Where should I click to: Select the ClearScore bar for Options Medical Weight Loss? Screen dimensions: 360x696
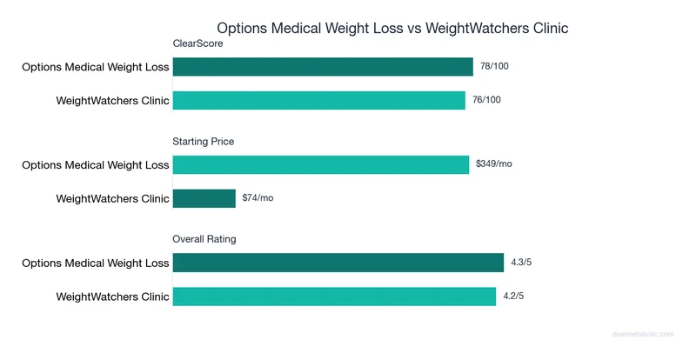[x=323, y=67]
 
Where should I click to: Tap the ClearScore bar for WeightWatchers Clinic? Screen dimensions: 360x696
[x=319, y=100]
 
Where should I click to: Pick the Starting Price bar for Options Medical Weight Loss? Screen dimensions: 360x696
[x=321, y=164]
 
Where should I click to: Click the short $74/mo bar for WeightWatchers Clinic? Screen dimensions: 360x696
[x=204, y=198]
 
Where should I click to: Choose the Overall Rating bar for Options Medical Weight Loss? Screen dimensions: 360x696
[x=338, y=263]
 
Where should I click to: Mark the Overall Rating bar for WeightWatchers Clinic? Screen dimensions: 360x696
[x=334, y=296]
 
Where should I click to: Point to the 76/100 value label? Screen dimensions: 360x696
[x=487, y=100]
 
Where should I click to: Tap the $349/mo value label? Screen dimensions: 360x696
[x=494, y=164]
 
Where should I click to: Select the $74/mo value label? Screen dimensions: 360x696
[x=258, y=198]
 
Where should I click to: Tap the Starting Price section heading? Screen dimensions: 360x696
[x=204, y=141]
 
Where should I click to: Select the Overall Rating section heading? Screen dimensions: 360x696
[x=204, y=238]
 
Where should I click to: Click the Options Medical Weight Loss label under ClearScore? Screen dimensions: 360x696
[x=96, y=67]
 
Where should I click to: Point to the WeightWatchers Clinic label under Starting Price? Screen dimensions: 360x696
[x=112, y=198]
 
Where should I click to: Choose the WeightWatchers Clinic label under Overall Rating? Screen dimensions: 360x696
[x=112, y=296]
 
